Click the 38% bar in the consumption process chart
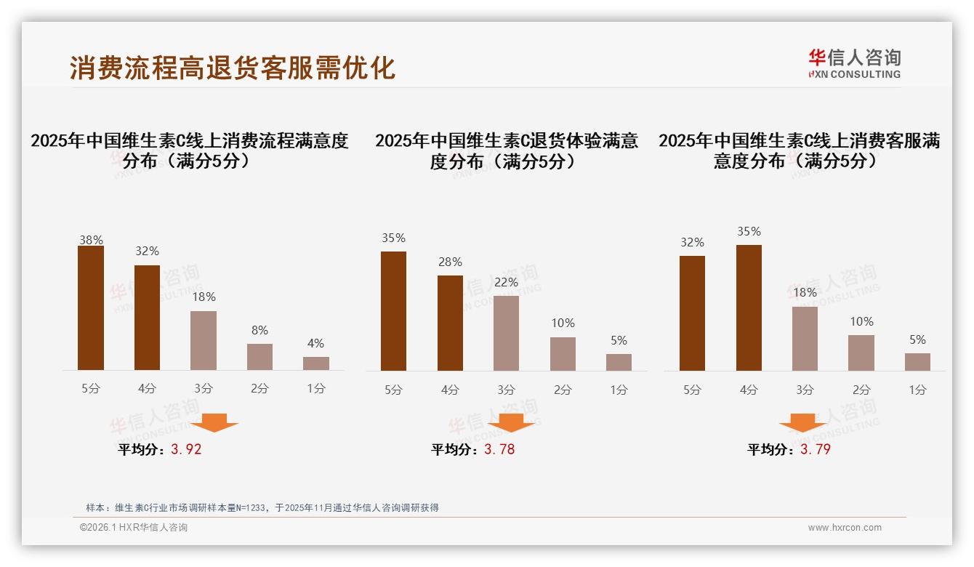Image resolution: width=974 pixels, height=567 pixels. coord(91,308)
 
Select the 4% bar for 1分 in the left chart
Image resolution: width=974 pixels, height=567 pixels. coord(316,363)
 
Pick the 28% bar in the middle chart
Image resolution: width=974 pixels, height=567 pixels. coord(450,323)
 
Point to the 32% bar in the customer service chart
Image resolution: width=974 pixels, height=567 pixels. coord(692,313)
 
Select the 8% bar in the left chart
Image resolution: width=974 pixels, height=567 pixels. coord(259,357)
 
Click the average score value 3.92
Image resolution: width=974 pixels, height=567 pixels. coord(186,449)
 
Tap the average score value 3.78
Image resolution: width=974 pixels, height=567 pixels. coord(499,449)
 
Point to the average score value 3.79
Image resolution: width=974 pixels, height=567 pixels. coord(816,449)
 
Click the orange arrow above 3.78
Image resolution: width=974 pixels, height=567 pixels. coord(512,422)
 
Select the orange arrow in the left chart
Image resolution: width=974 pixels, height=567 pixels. coord(214,422)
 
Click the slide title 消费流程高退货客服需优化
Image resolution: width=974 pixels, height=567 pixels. coord(233,68)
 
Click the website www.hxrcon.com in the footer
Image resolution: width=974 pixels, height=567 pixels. coord(845,528)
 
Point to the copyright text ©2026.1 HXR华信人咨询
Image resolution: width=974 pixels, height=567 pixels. coord(133,528)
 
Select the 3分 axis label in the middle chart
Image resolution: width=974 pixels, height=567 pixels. coord(506,390)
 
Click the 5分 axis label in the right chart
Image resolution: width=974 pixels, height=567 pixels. coord(692,390)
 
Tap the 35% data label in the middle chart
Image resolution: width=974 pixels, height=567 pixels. coord(393,238)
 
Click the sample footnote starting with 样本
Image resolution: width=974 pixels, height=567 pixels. coord(262,507)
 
